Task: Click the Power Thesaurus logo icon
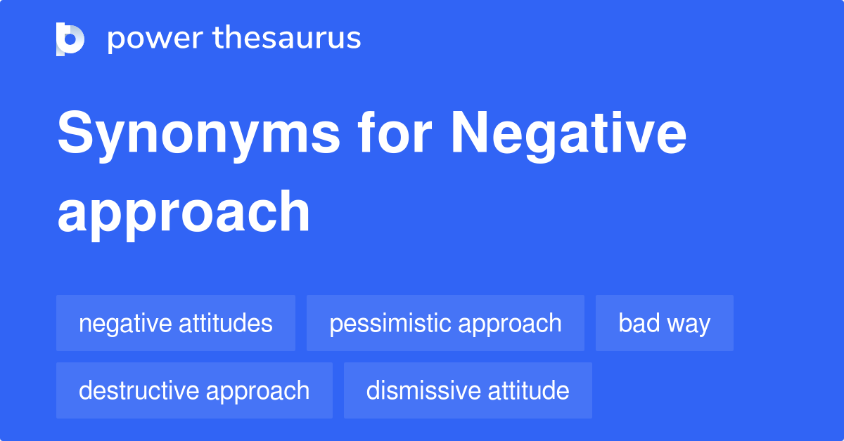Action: (70, 39)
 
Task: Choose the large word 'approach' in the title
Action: (184, 212)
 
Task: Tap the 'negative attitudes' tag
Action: (176, 323)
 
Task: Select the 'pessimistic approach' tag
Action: (445, 323)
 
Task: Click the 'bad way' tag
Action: (665, 323)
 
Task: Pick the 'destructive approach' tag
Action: (194, 390)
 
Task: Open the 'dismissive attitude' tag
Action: (468, 390)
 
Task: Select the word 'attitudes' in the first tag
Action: (226, 323)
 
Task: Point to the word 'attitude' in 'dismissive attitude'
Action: (526, 390)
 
